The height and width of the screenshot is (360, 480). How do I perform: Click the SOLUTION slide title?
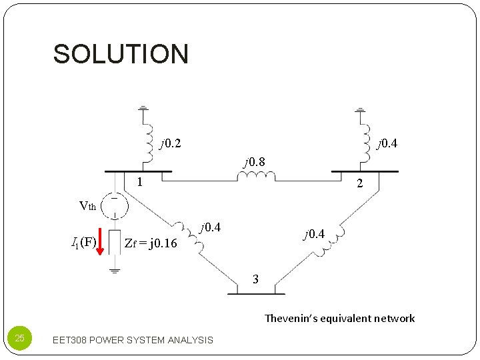click(x=121, y=54)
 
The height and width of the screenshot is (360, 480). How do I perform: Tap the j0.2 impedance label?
click(x=170, y=143)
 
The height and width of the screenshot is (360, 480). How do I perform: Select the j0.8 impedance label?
click(x=254, y=161)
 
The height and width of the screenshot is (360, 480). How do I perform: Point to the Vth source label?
click(x=87, y=206)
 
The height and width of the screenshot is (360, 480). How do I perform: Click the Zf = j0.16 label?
click(x=151, y=243)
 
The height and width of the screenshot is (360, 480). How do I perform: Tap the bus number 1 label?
click(x=138, y=183)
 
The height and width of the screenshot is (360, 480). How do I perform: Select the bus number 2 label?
click(x=359, y=184)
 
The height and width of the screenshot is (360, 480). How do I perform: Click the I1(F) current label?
click(x=84, y=241)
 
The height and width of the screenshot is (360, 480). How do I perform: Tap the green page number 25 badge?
click(x=19, y=339)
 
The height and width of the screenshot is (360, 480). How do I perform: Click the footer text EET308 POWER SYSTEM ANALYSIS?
click(x=132, y=340)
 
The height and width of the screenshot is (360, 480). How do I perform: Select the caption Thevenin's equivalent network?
click(x=339, y=319)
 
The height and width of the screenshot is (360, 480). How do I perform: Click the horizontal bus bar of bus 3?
click(x=256, y=293)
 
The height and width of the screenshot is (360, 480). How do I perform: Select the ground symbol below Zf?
click(x=115, y=271)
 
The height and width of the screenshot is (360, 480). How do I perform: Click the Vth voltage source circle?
click(x=115, y=206)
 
